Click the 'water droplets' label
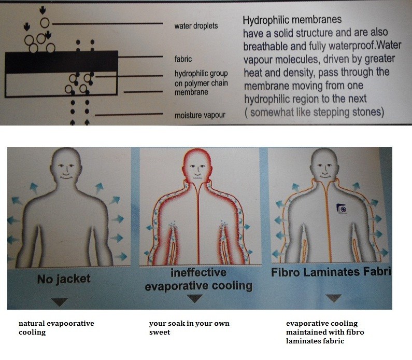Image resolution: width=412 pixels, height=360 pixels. coord(196,26)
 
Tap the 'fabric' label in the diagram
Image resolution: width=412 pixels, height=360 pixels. coord(183,59)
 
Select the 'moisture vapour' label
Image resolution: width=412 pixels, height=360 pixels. coord(200,115)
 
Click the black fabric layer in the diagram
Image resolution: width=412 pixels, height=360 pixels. coord(62,62)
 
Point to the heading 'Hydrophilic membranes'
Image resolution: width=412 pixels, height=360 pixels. coord(292,20)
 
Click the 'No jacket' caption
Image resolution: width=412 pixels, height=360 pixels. coord(64,279)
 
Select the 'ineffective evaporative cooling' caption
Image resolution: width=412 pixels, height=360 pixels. coord(198,279)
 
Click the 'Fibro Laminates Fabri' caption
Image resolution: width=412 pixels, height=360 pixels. coord(331,272)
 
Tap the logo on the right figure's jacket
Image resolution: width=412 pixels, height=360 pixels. coord(342,209)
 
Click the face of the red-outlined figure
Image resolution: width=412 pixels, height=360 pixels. coord(197,171)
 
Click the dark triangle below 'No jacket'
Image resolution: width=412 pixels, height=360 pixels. coord(60,302)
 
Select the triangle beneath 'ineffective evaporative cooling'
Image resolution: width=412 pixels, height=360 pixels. coord(194,298)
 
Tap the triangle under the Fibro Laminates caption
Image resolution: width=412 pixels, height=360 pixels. coord(333,298)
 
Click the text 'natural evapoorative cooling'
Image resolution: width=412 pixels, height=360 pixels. coord(56,328)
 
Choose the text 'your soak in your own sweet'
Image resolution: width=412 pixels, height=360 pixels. coord(189,328)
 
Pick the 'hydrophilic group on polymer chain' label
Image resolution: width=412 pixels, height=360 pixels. coord(201,78)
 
